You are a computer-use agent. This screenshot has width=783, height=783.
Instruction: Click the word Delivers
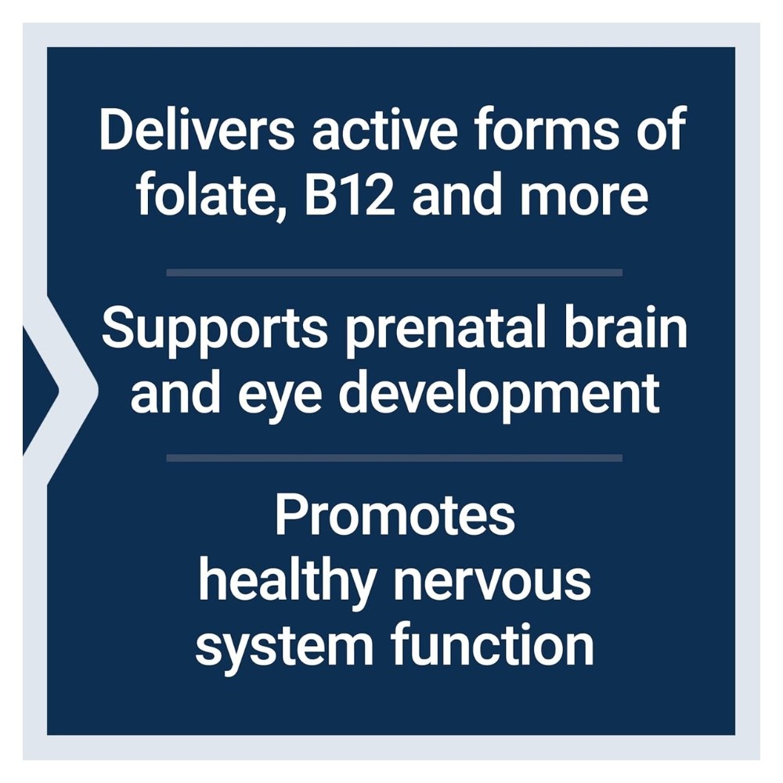[x=197, y=129]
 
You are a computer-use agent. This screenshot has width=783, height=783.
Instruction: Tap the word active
[x=384, y=129]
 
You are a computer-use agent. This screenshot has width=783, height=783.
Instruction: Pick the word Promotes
[x=395, y=515]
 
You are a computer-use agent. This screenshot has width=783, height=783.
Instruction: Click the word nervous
[x=493, y=585]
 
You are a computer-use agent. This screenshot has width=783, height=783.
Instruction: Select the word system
[x=283, y=647]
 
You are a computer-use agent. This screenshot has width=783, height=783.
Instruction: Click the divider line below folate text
[x=395, y=272]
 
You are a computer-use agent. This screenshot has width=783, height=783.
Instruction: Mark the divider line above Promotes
[x=395, y=458]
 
